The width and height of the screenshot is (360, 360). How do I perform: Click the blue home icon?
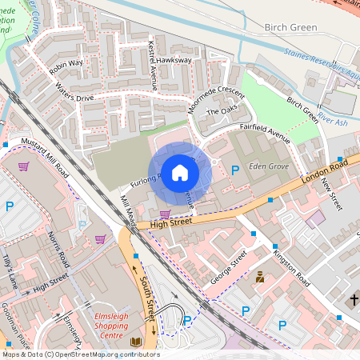point(180,173)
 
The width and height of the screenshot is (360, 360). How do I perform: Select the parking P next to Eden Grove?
point(234,170)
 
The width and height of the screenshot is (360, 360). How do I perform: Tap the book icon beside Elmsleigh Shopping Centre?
point(135,342)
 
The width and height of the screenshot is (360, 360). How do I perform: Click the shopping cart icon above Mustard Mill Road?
point(24,166)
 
